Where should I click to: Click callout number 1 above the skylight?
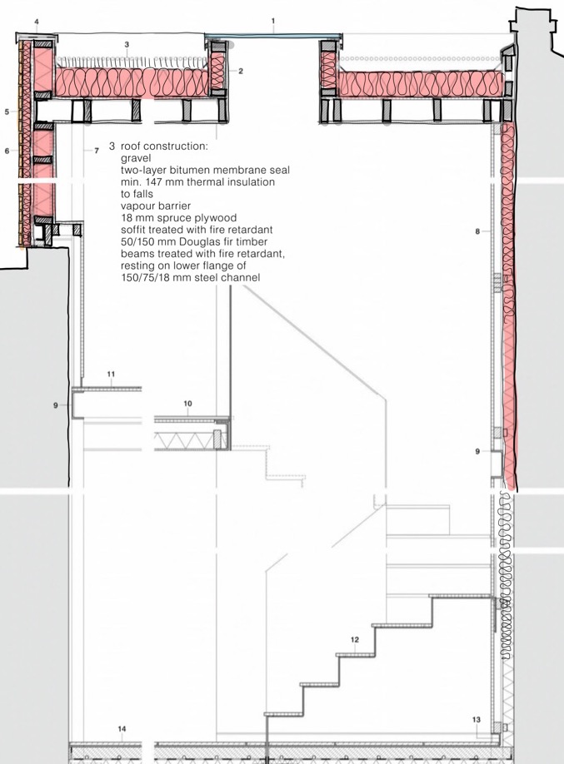[273, 21]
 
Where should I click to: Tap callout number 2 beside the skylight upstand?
[241, 71]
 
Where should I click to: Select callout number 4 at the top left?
[37, 22]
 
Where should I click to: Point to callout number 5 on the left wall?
[7, 112]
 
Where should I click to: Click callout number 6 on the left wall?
[7, 151]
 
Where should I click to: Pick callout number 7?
[97, 151]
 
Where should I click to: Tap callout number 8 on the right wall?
[477, 231]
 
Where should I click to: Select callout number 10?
[187, 404]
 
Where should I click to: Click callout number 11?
[112, 375]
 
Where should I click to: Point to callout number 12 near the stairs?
[355, 640]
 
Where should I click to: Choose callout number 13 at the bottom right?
[477, 720]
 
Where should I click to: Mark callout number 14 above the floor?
[122, 729]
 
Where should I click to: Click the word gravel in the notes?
[136, 158]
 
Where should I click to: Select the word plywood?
[214, 218]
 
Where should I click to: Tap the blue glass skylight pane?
[273, 36]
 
